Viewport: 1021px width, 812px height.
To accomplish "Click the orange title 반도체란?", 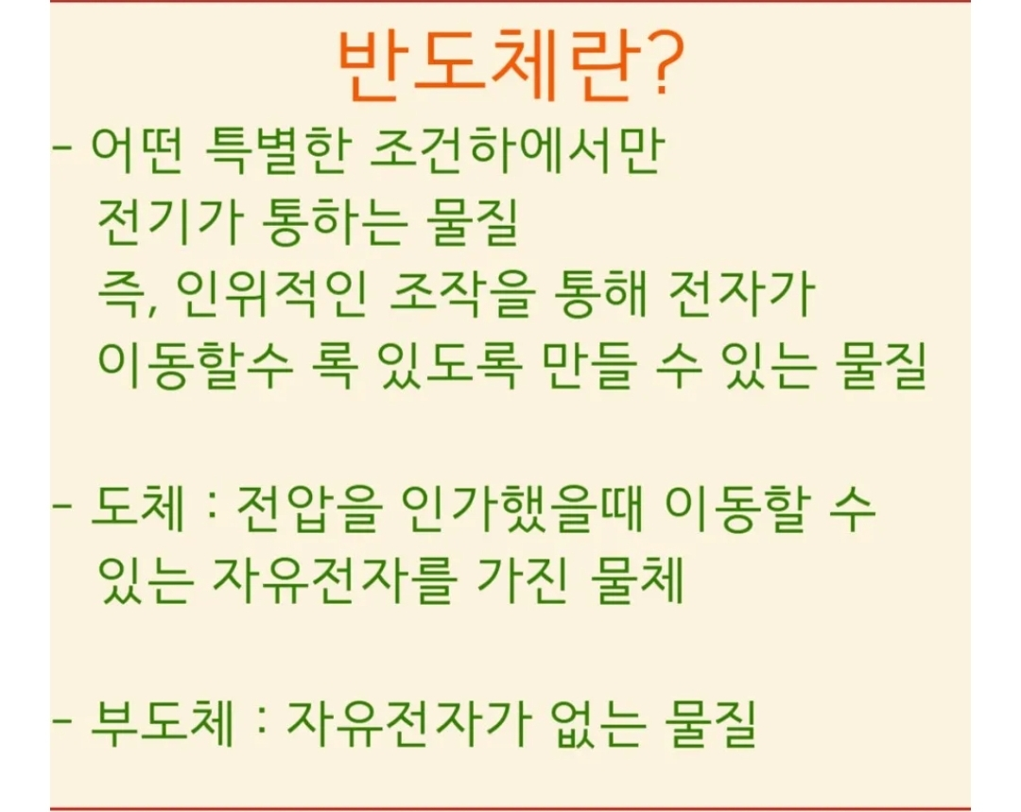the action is (511, 66).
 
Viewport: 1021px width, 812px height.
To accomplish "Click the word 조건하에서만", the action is (517, 151).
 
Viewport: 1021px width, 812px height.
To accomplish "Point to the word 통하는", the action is (336, 222).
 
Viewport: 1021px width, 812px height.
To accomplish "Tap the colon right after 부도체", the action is (262, 723).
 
